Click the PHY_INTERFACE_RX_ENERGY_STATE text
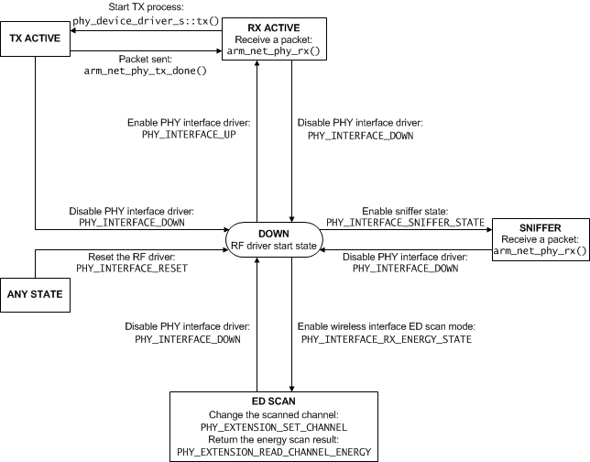[386, 339]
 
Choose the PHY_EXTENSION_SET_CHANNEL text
[286, 426]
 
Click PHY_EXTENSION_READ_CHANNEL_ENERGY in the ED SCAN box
[286, 452]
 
